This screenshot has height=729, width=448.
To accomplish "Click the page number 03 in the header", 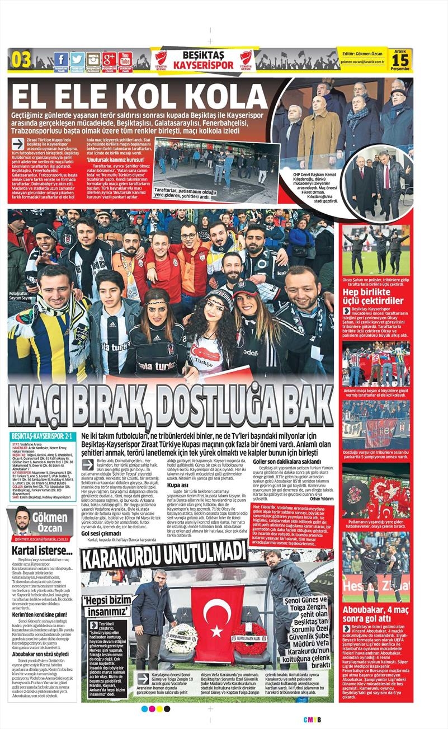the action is (x=21, y=59).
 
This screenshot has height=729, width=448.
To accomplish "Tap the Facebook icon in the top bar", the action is (x=61, y=59).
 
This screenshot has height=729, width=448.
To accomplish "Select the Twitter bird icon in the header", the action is (x=77, y=59).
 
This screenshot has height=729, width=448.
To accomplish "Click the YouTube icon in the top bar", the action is (x=125, y=58).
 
